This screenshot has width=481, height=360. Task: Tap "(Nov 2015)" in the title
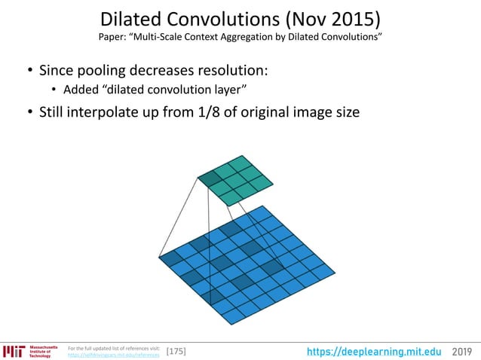[x=341, y=19]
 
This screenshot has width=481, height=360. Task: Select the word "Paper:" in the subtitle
[x=113, y=37]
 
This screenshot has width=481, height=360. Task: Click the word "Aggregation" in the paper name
[x=254, y=37]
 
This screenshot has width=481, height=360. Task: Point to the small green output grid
[x=235, y=180]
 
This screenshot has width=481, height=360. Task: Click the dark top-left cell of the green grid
[x=207, y=178]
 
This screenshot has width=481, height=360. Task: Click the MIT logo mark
[x=14, y=351]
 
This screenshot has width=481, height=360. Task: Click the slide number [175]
[x=176, y=352]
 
